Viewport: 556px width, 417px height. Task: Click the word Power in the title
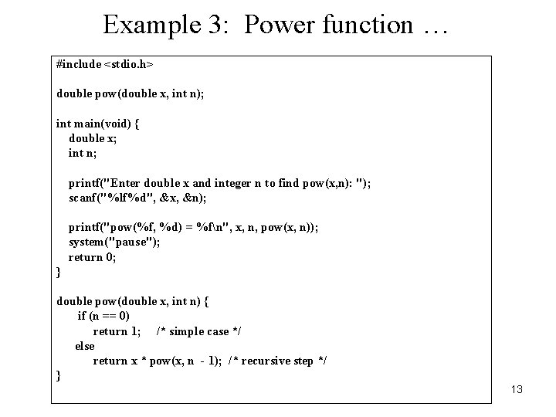coord(271,25)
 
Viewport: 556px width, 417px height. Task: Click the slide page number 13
coord(517,389)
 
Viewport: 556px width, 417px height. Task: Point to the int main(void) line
coord(97,124)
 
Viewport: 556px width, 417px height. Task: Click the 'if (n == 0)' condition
coord(103,316)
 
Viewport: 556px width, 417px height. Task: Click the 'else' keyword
coord(85,346)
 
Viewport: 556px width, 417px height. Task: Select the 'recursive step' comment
coord(277,361)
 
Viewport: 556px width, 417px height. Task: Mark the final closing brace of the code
coord(59,376)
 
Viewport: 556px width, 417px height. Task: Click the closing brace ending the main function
coord(59,272)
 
